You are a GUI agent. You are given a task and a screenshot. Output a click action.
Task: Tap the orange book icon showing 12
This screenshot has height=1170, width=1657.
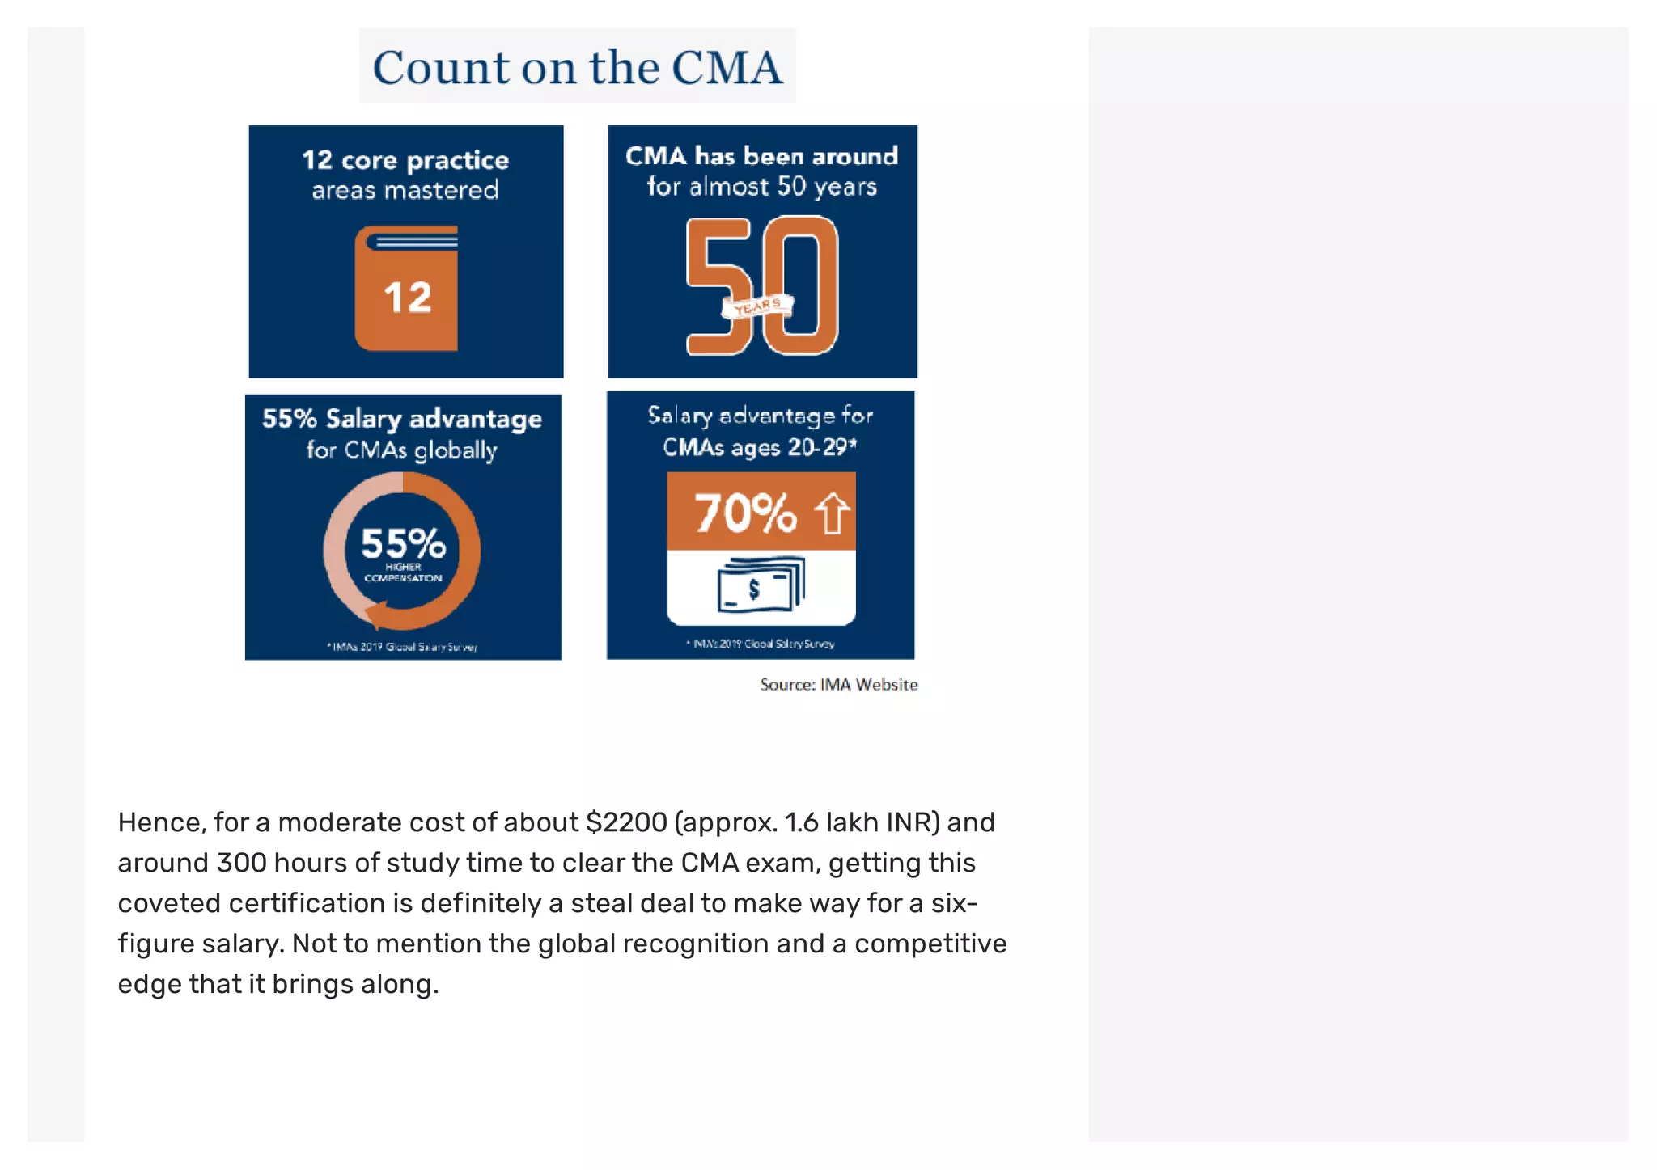(406, 289)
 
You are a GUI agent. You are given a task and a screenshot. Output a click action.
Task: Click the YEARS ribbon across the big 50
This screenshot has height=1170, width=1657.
(757, 306)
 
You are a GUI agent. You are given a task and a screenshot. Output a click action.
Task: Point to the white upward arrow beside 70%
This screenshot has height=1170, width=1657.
(832, 513)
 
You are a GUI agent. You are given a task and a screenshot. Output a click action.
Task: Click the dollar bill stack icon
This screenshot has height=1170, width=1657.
(761, 585)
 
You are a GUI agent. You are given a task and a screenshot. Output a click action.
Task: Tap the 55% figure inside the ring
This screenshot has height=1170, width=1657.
(403, 543)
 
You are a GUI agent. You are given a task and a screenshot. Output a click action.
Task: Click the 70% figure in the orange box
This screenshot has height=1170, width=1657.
(744, 513)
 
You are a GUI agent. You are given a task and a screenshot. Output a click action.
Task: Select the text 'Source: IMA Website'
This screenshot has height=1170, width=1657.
(838, 685)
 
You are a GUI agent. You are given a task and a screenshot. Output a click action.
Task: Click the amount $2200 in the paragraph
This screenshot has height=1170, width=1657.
(626, 822)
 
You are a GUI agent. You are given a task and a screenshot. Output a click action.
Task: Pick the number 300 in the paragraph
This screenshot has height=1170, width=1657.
(241, 863)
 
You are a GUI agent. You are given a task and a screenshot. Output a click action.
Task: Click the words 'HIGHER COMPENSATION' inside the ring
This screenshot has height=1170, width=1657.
(403, 572)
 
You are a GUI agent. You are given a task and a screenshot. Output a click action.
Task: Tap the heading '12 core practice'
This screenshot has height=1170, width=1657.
(405, 160)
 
